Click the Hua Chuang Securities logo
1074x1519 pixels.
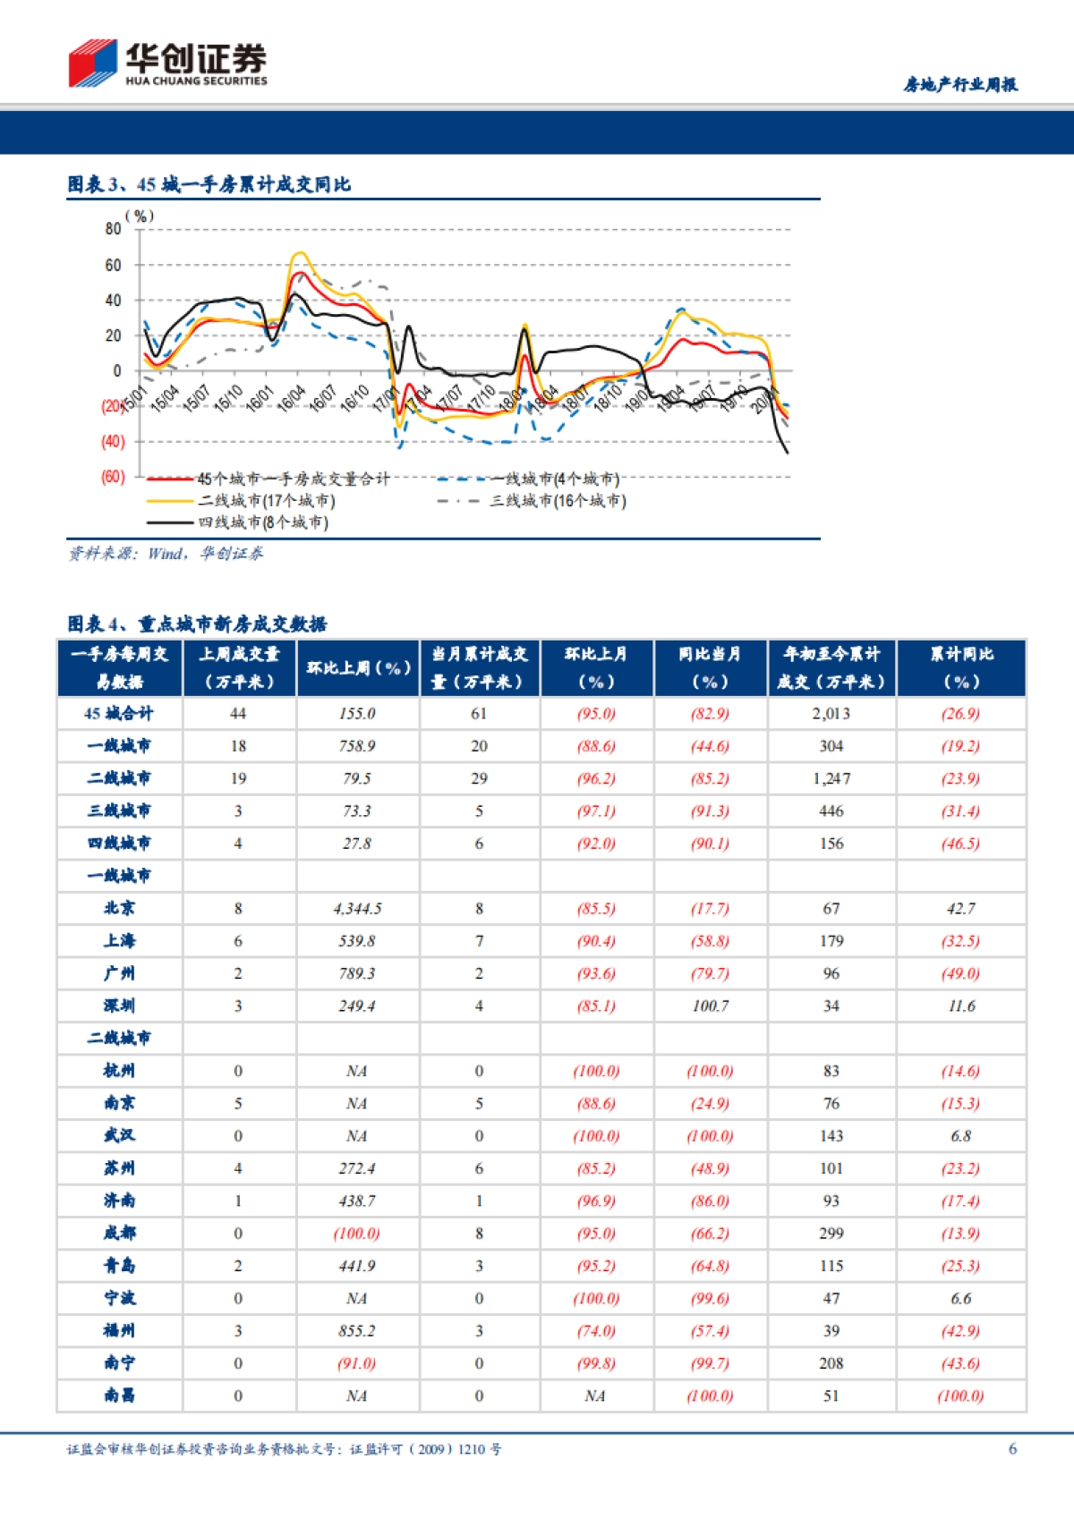click(x=167, y=64)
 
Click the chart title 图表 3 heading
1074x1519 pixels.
click(x=209, y=184)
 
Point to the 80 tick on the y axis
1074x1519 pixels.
click(x=113, y=229)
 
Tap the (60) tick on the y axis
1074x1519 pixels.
click(x=113, y=477)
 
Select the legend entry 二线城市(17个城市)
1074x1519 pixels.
click(x=266, y=501)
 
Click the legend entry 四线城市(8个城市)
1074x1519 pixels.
click(x=262, y=522)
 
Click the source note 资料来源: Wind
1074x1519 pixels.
click(x=166, y=554)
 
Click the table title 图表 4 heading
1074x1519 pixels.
click(x=197, y=624)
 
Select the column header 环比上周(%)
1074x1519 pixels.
click(x=358, y=667)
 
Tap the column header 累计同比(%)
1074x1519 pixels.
click(x=960, y=667)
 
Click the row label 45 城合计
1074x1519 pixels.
click(x=119, y=714)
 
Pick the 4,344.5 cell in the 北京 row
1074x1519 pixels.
click(x=357, y=909)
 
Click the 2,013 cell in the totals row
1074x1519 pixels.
click(x=831, y=714)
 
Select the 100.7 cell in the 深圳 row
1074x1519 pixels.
click(x=710, y=1006)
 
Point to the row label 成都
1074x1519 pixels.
click(x=119, y=1234)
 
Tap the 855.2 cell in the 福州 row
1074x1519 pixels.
click(x=357, y=1331)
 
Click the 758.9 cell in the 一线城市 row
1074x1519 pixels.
click(x=357, y=746)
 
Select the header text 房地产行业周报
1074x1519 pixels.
click(x=959, y=85)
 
